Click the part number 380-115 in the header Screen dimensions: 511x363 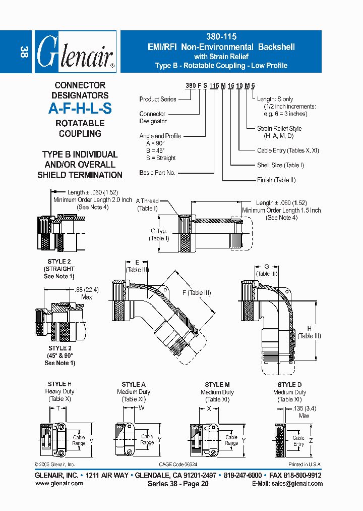click(221, 37)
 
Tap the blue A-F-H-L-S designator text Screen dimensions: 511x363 click(80, 108)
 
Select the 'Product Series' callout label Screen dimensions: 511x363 click(158, 99)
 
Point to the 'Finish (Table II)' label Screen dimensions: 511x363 click(276, 180)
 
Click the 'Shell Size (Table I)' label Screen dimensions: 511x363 click(281, 165)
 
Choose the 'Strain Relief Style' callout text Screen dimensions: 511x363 click(279, 129)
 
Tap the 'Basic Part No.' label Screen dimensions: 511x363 click(157, 173)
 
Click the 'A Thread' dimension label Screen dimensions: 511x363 click(147, 201)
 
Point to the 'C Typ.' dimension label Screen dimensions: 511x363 click(159, 231)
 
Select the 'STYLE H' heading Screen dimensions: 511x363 click(59, 385)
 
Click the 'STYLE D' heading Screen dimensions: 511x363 click(290, 385)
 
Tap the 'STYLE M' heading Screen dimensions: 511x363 click(218, 385)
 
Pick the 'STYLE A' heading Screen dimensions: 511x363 click(134, 385)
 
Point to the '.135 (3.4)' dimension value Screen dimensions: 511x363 click(304, 409)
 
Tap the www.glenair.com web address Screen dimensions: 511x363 click(58, 483)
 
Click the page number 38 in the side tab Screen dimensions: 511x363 click(23, 52)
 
